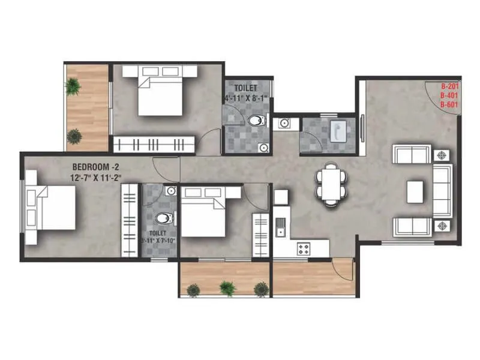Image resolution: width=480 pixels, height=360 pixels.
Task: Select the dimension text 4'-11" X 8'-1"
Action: point(247,97)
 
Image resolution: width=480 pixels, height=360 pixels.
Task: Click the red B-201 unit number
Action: point(449,86)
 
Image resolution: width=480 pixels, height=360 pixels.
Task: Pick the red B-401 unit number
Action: point(449,95)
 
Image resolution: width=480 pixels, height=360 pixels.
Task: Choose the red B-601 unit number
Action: point(449,104)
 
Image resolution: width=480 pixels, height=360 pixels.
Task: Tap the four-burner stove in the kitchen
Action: point(304,247)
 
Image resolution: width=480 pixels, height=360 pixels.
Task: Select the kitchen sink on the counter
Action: point(281,227)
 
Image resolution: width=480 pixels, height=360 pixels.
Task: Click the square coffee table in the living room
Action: point(415,192)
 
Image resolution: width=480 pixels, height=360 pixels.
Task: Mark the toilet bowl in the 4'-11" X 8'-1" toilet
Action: point(256,121)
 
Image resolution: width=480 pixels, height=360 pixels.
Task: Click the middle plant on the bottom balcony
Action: point(227,288)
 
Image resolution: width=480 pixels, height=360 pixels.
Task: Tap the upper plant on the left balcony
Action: point(73,88)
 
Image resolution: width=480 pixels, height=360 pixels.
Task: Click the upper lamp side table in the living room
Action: point(441,154)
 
